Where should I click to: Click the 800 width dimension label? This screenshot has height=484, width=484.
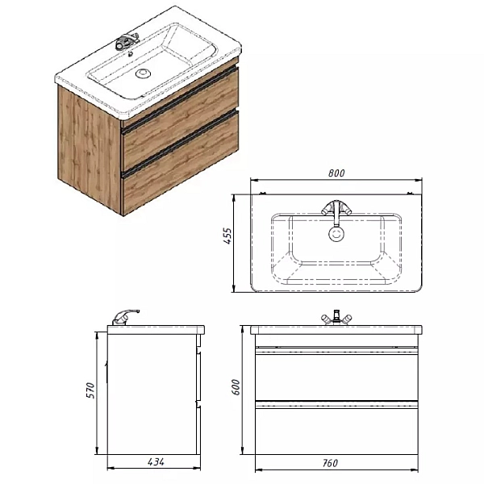tap(336, 173)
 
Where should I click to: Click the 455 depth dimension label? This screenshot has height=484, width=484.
tap(227, 236)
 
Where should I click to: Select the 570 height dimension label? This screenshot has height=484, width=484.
tap(90, 390)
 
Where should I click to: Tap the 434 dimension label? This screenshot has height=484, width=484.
tap(156, 462)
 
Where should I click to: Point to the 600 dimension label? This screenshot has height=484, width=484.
tap(236, 387)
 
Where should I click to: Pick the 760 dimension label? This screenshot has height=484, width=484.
tap(330, 463)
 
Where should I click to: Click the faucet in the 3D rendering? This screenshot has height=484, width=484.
tap(127, 41)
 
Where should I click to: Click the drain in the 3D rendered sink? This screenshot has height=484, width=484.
tap(144, 73)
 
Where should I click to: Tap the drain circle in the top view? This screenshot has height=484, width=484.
tap(336, 234)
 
